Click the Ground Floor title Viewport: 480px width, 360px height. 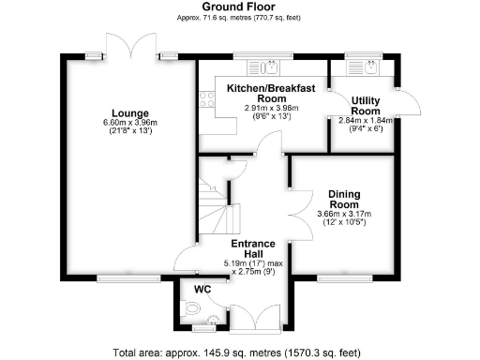coord(239,7)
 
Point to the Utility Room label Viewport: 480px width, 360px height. coord(365,106)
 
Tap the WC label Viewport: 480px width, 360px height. coord(200,289)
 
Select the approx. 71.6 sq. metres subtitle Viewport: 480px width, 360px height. coord(239,18)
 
